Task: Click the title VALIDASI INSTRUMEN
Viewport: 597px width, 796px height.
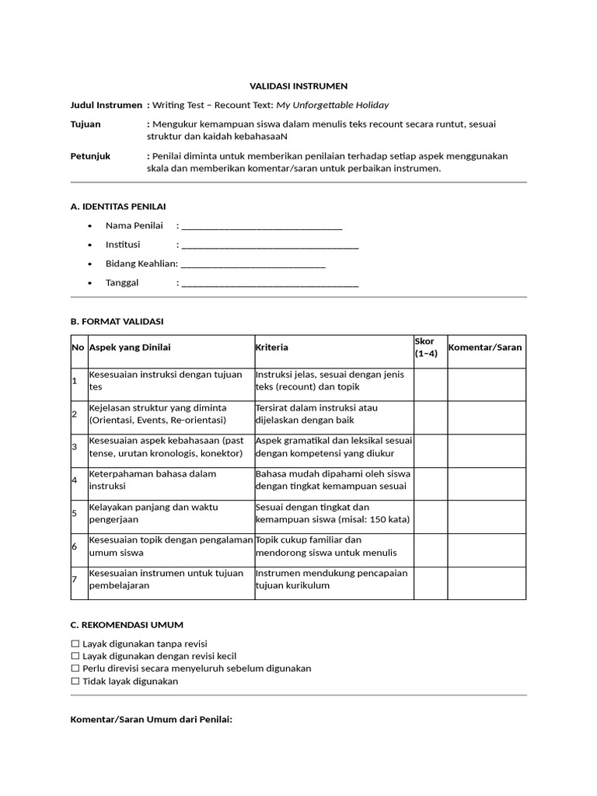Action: tap(298, 86)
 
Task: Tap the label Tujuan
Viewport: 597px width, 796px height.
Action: tap(86, 124)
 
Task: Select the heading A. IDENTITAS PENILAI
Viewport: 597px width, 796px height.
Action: tap(118, 206)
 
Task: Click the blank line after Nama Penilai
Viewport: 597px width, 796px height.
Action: tap(261, 226)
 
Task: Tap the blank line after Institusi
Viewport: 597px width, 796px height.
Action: tap(269, 245)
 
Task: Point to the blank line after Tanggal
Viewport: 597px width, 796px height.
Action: tap(269, 283)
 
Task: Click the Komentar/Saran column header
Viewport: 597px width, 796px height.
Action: tap(486, 347)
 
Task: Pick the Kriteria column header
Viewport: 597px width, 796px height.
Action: tap(271, 347)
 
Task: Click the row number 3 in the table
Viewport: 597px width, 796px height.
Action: tap(75, 447)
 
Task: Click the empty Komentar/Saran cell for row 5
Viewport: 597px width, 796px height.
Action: tap(486, 513)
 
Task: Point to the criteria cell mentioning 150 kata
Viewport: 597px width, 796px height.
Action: tap(333, 513)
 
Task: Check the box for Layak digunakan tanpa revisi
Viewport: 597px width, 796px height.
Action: tap(75, 644)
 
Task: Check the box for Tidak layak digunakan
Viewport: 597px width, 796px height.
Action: tap(75, 681)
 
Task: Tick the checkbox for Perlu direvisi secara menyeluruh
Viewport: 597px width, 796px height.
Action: tap(75, 669)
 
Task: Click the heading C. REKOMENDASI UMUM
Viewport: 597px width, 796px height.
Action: tap(127, 624)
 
